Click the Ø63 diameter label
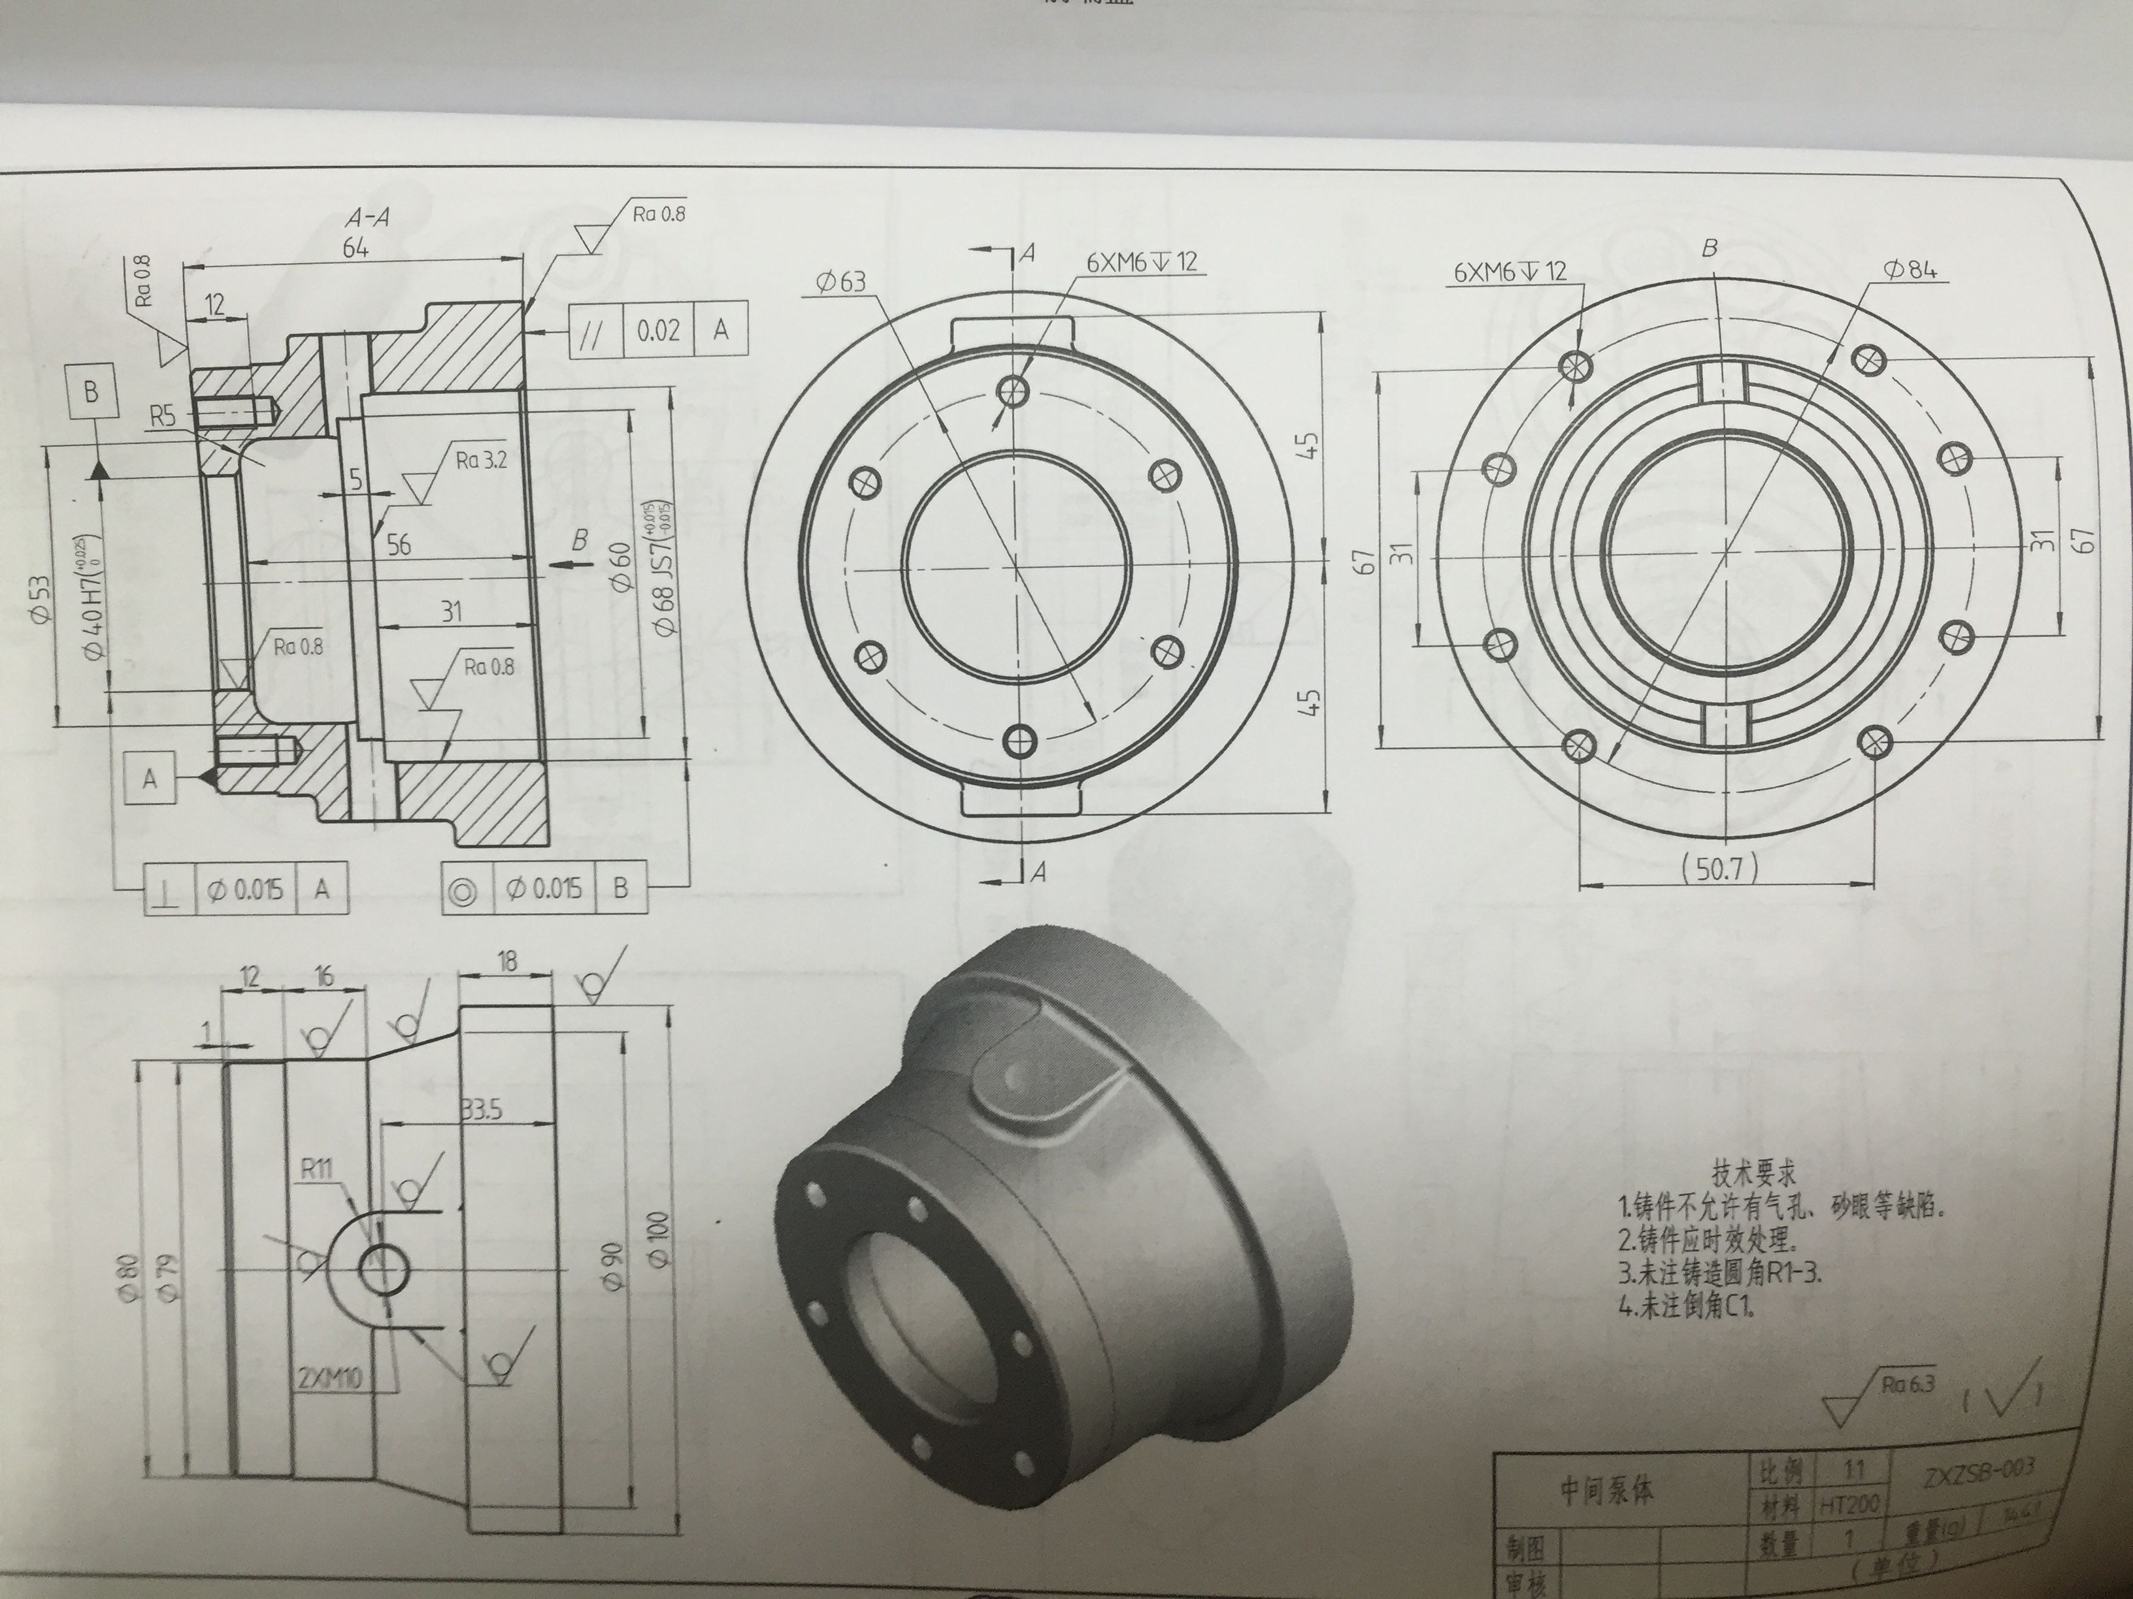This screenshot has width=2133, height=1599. (841, 282)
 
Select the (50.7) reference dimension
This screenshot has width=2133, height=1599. (1720, 870)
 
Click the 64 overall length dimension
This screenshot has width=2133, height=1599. (355, 249)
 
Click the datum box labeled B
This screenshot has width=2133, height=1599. (91, 393)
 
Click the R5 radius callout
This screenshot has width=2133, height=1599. (163, 416)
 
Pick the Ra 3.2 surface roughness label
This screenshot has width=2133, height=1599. (481, 460)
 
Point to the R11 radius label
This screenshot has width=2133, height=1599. (316, 1170)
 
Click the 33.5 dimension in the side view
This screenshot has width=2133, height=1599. (480, 1110)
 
